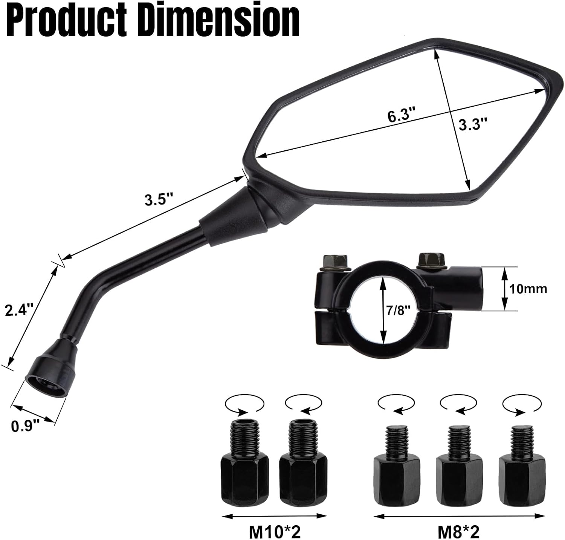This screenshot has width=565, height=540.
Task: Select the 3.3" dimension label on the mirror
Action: pos(473,124)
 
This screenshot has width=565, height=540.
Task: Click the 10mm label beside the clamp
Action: pos(528,289)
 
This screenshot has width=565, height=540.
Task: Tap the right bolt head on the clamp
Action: pos(432,260)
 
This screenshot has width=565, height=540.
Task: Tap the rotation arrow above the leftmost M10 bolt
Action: pos(244,405)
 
